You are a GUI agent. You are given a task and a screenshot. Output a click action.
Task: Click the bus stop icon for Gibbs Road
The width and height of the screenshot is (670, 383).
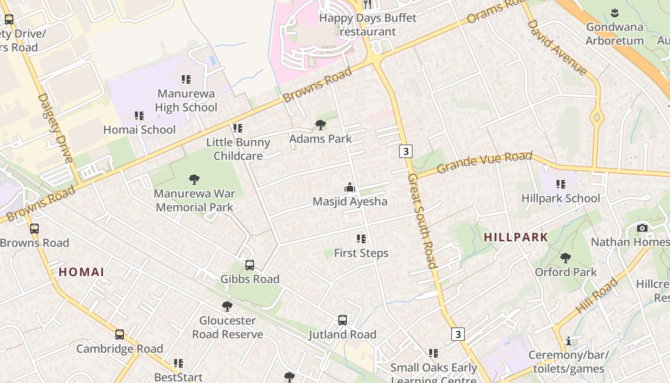[x=249, y=265]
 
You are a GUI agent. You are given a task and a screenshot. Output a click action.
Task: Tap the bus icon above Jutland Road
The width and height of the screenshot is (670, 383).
[x=343, y=320]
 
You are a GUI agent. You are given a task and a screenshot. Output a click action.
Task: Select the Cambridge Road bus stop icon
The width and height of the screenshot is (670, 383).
[x=120, y=335]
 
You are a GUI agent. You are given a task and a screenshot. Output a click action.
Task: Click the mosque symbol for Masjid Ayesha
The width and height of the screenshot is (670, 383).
[x=350, y=188]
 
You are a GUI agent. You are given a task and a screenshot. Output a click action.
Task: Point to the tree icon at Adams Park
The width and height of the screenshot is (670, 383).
[x=321, y=125]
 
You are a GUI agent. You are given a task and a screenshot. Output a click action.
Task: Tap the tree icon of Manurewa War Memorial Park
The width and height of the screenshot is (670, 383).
[x=194, y=180]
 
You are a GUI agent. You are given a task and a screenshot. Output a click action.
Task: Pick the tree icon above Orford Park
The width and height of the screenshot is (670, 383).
[x=566, y=258]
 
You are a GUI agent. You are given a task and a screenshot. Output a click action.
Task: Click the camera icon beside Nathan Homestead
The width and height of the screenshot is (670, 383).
[x=642, y=228]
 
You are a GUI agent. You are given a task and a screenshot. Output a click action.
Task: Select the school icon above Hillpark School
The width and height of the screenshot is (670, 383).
[x=561, y=184]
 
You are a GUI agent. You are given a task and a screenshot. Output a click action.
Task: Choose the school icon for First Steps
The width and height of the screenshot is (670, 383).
[x=361, y=239]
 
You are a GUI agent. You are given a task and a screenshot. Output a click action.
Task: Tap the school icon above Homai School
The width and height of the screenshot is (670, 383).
[x=139, y=116]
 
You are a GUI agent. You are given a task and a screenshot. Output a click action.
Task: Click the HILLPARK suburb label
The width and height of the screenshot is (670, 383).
[x=516, y=237]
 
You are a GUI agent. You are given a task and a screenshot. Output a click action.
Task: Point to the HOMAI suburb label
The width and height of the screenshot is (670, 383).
[x=81, y=272]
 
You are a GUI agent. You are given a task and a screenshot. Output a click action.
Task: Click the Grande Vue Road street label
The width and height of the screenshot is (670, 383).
[x=484, y=163]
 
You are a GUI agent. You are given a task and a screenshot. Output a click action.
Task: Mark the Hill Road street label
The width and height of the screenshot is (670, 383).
[x=597, y=296]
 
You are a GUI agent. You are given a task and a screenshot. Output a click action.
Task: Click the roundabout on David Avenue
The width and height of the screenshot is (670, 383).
[x=597, y=116]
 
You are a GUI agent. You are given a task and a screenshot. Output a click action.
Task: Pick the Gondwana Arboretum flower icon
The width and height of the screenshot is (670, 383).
[x=615, y=13]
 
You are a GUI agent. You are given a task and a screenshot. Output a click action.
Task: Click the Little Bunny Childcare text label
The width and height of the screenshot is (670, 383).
[x=238, y=149]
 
